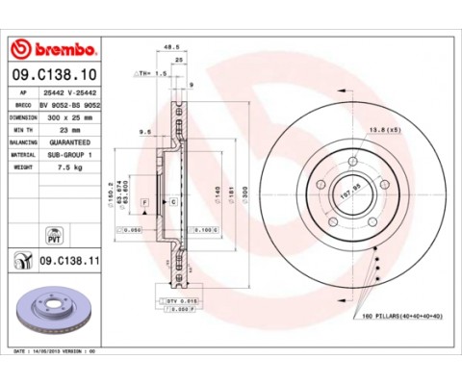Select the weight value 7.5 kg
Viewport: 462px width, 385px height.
[x=67, y=165]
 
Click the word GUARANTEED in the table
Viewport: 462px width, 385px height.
[x=71, y=141]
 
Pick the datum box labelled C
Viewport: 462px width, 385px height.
[x=173, y=202]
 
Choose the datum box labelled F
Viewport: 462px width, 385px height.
[x=144, y=202]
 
